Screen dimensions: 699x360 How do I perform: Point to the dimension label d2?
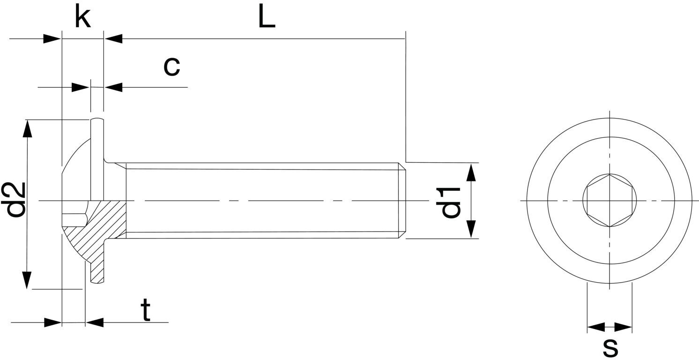click(13, 200)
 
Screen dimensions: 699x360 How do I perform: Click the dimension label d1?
click(448, 202)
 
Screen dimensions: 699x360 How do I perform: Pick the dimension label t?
click(145, 310)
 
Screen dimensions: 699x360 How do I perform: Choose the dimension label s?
click(610, 348)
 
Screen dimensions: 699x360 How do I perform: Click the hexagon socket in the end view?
click(610, 201)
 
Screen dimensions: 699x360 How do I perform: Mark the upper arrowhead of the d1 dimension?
click(471, 172)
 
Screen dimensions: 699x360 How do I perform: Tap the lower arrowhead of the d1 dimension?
click(471, 229)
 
